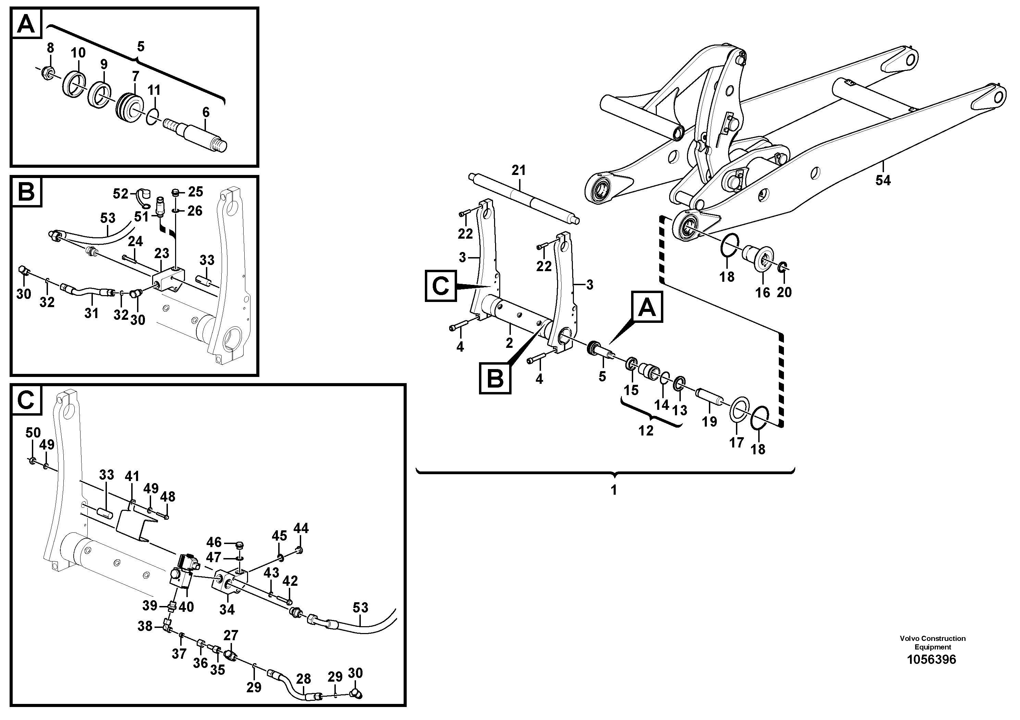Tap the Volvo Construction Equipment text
click(933, 643)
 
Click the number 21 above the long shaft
click(518, 170)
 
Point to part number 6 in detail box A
click(206, 112)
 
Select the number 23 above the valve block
click(162, 253)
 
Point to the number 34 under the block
click(226, 609)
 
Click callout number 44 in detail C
click(301, 528)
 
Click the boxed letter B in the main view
click(495, 379)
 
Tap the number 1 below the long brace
click(614, 490)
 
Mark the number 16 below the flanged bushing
click(763, 292)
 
